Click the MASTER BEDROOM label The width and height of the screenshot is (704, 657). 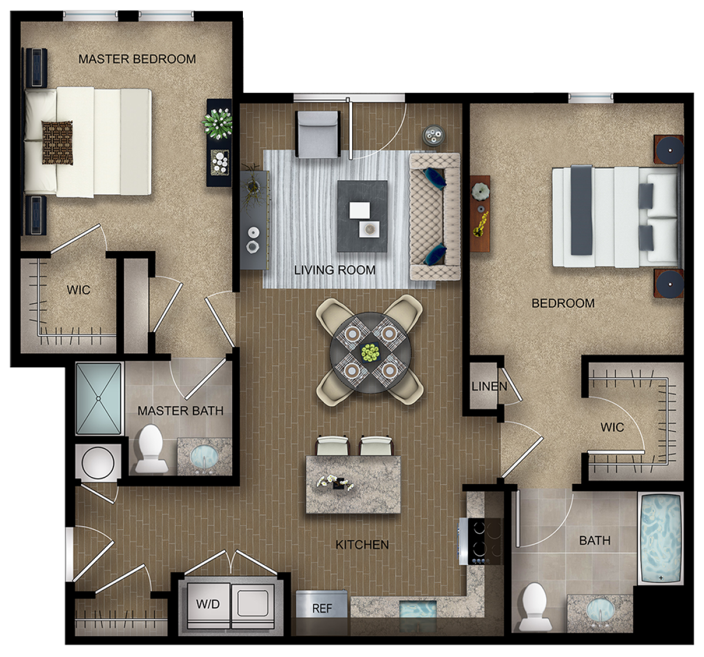(137, 59)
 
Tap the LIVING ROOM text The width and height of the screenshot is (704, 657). (335, 270)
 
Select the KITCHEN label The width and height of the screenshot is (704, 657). (363, 544)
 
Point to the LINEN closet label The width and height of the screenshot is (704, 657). (489, 387)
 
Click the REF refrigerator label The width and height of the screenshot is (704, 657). (322, 608)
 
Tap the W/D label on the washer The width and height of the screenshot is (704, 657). (208, 604)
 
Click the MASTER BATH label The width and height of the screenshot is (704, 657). (181, 411)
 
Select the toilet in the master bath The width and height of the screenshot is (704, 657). (151, 449)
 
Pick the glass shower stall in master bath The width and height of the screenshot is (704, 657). (99, 398)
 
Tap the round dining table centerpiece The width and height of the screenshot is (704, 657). (370, 353)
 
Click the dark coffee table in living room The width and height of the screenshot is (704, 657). (362, 216)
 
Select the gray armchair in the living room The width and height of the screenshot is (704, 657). (317, 134)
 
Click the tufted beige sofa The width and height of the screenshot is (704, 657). (435, 216)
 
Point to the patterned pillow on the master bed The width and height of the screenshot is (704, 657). (57, 143)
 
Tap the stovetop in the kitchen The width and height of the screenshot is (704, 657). (484, 541)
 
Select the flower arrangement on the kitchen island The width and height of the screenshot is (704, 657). (335, 483)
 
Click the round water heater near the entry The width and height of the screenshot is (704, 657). (98, 462)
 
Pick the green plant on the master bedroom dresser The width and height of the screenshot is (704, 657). (218, 123)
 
